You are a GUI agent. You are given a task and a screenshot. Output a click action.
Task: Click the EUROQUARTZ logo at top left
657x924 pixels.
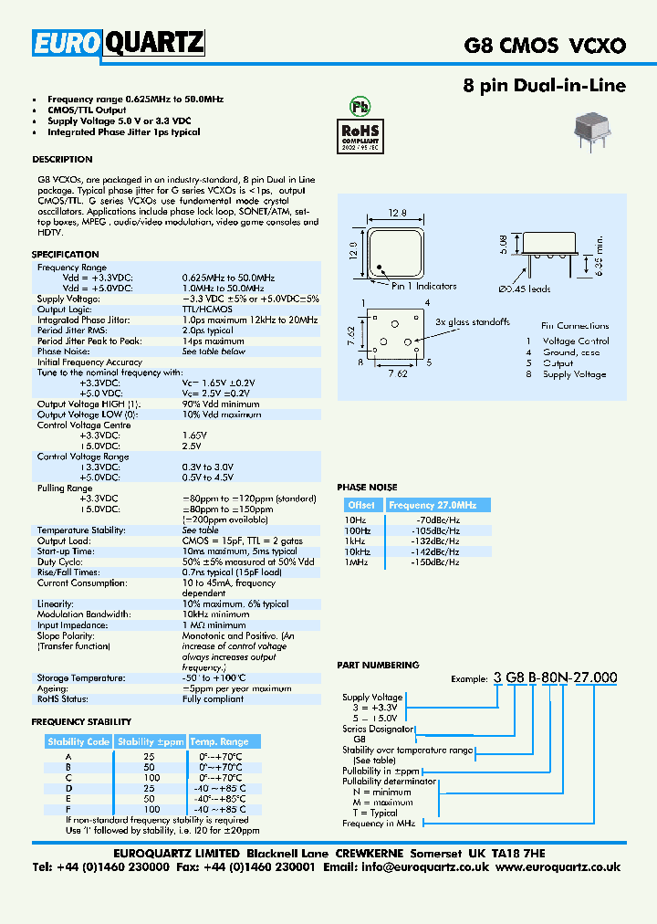[x=119, y=43]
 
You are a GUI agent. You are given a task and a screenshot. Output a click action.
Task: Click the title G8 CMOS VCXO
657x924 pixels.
[x=546, y=44]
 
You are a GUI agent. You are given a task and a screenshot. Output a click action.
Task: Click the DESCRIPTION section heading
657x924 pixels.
[x=62, y=159]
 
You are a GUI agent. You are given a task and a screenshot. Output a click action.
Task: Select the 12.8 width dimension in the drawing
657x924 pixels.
[x=397, y=213]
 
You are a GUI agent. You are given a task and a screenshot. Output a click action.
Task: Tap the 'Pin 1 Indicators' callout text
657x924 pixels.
[x=424, y=286]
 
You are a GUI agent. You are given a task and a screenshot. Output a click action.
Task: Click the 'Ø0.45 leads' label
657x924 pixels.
[x=524, y=289]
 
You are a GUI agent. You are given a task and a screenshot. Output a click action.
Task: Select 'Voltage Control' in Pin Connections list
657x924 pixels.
[x=576, y=341]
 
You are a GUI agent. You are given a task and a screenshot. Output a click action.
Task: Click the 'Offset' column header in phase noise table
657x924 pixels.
[x=362, y=505]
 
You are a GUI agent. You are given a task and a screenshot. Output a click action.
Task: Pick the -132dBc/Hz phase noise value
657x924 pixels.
[x=438, y=541]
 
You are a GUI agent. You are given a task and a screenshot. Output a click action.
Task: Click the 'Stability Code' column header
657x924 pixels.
[x=78, y=741]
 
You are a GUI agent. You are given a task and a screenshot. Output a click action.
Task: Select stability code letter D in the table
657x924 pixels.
[x=68, y=787]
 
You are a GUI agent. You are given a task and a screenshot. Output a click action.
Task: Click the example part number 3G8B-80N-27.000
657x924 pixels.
[x=555, y=677]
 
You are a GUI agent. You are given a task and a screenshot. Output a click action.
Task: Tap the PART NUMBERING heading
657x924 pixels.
[x=378, y=666]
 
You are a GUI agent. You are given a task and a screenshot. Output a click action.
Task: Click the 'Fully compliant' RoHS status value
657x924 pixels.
[x=213, y=699]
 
